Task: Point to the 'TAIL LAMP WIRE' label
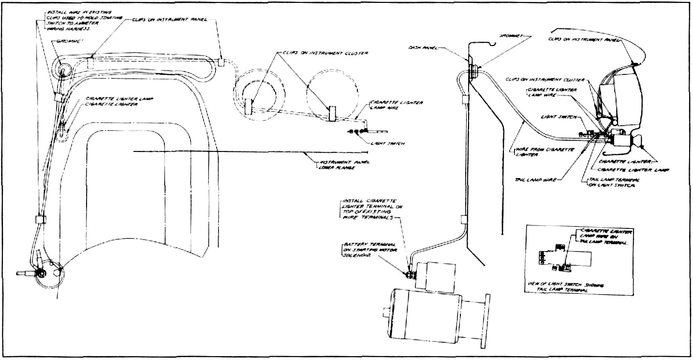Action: [541, 180]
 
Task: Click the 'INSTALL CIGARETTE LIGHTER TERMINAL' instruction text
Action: [372, 210]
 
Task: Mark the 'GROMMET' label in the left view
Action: [75, 42]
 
